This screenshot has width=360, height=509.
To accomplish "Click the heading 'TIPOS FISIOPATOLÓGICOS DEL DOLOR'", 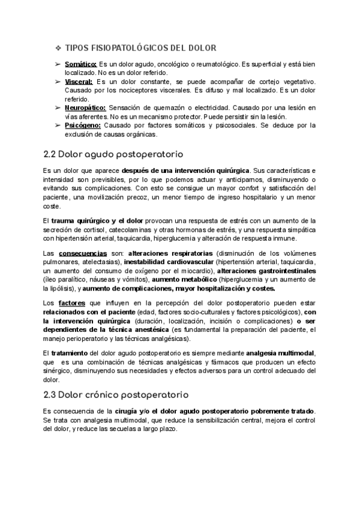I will tap(140, 48).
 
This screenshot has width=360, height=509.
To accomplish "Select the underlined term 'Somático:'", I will tap(80, 64).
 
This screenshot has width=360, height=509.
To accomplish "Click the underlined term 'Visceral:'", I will tap(79, 82).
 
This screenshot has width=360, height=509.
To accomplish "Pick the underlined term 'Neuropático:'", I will tap(83, 107).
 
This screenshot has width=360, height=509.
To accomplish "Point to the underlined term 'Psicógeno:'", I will tap(82, 125).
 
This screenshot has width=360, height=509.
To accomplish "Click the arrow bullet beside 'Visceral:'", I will tap(57, 82).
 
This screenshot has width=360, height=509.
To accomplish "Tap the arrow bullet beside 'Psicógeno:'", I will tap(57, 125).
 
